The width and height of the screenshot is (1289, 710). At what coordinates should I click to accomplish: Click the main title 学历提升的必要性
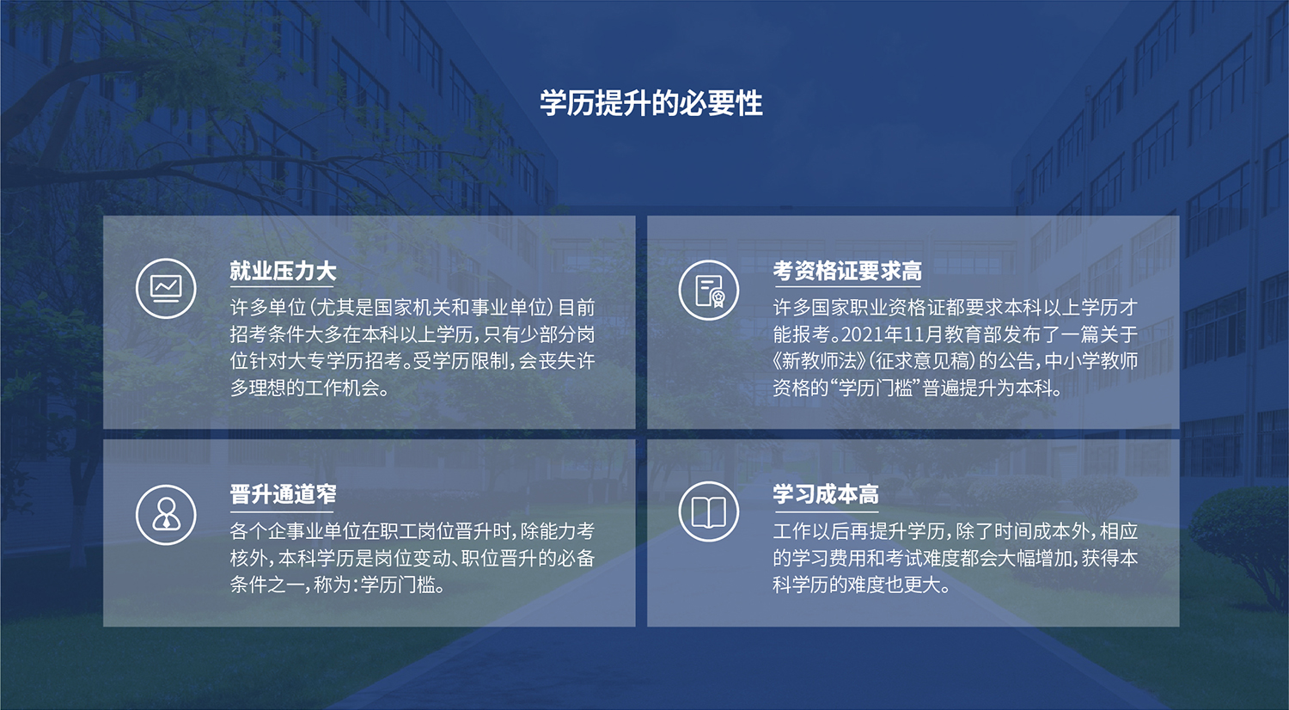point(651,103)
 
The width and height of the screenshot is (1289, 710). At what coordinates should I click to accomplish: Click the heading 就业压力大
point(283,271)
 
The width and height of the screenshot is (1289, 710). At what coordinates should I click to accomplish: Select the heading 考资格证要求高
point(847,271)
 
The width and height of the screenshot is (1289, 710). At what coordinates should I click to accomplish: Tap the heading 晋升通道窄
point(283,494)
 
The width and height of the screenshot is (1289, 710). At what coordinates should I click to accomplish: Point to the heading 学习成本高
point(826,494)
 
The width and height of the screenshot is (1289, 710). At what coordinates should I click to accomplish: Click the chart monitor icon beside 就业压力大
point(166,288)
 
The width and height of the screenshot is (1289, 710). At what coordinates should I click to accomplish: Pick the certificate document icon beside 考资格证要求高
point(709,290)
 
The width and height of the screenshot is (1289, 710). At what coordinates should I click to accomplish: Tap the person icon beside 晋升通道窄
point(166,514)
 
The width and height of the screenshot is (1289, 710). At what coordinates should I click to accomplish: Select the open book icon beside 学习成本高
point(709,513)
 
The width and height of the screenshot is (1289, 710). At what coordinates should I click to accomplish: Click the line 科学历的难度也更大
point(861,585)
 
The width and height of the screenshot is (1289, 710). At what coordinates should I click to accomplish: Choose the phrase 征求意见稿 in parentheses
point(922,361)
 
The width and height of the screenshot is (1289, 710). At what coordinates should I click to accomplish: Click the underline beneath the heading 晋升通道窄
point(283,509)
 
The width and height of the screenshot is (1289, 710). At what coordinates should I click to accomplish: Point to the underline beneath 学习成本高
point(826,509)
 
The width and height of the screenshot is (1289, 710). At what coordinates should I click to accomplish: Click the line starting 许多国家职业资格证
point(955,308)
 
